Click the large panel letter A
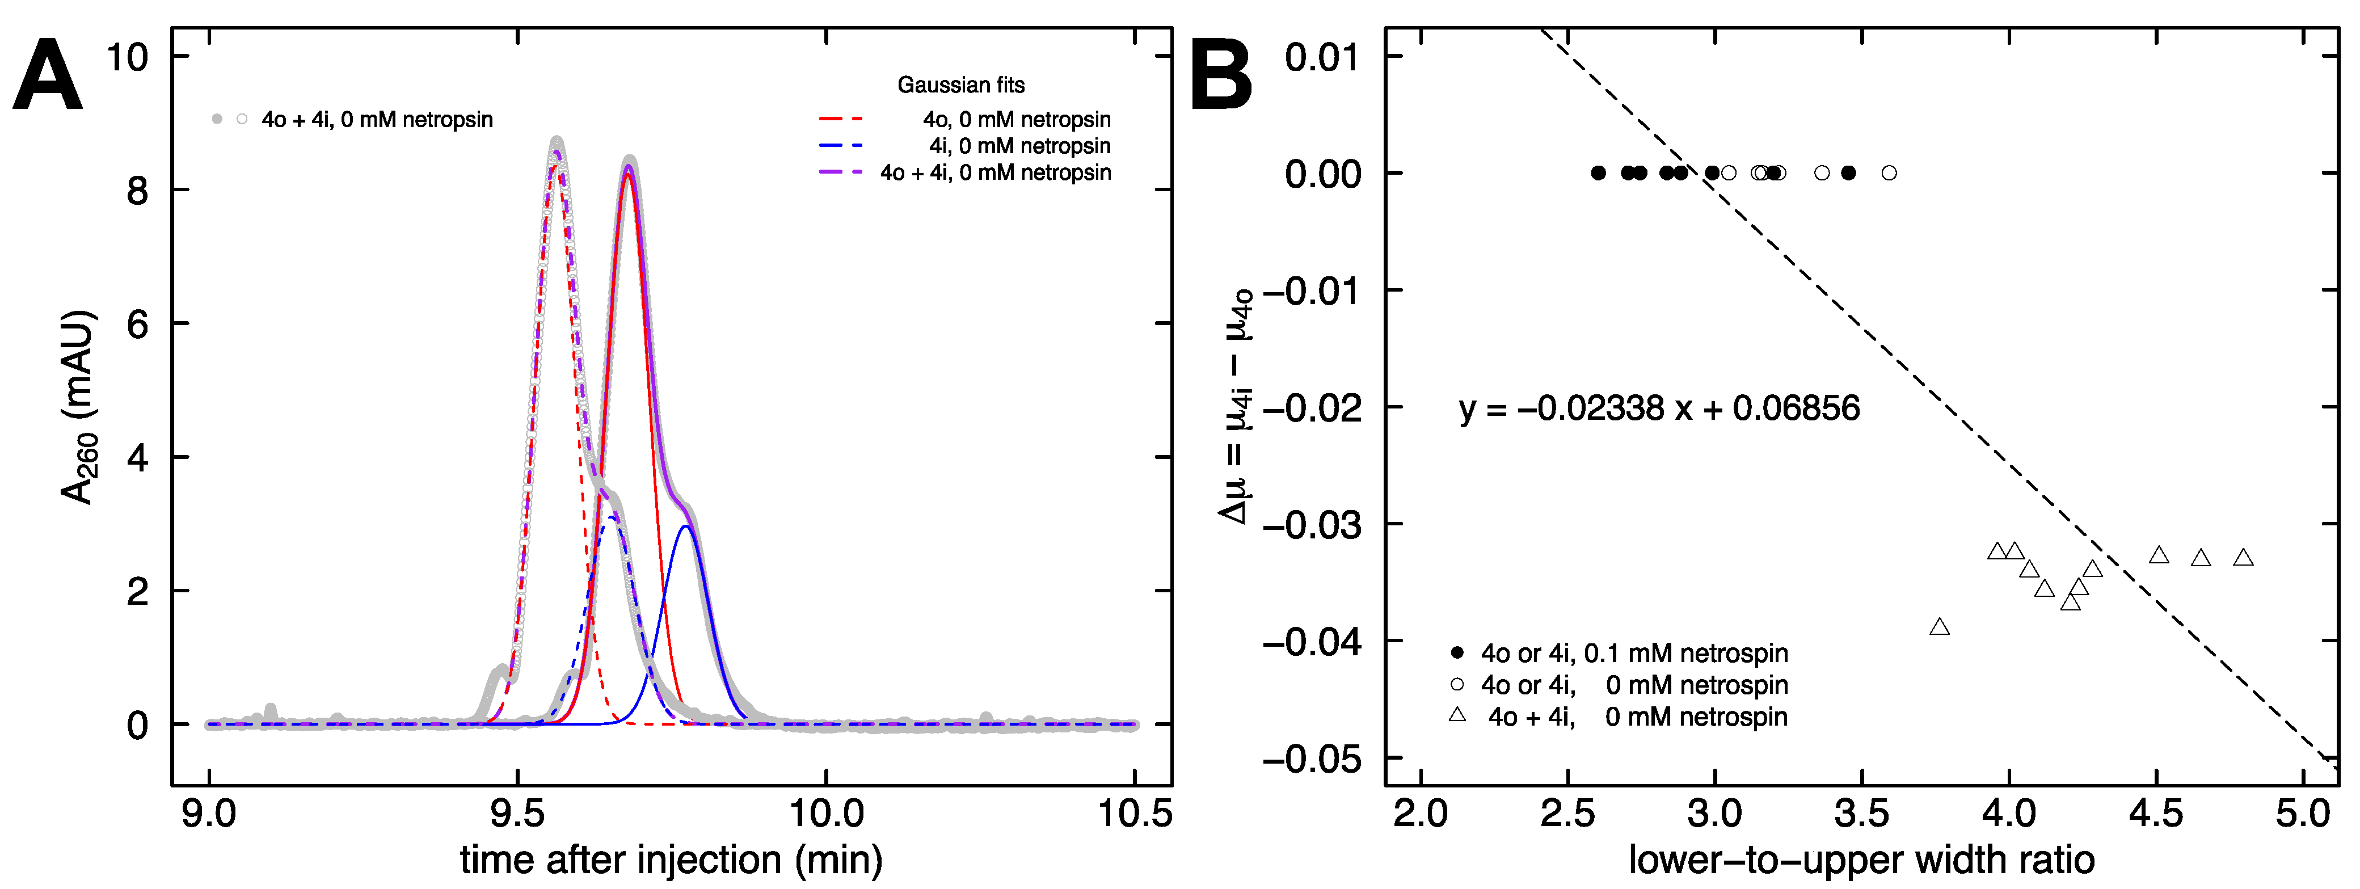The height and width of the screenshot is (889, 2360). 48,77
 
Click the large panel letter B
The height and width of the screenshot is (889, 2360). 1221,77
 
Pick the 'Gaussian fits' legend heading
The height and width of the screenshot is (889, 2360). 960,85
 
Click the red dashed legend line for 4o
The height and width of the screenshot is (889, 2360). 840,119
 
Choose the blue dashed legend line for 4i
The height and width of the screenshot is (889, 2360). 840,146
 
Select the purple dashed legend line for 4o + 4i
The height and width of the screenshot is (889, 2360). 840,172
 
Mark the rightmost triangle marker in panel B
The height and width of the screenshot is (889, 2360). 2243,557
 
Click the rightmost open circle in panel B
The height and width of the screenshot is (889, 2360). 1889,173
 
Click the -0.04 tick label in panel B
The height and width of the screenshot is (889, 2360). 1312,642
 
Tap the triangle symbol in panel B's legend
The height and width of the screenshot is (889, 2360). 1457,715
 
